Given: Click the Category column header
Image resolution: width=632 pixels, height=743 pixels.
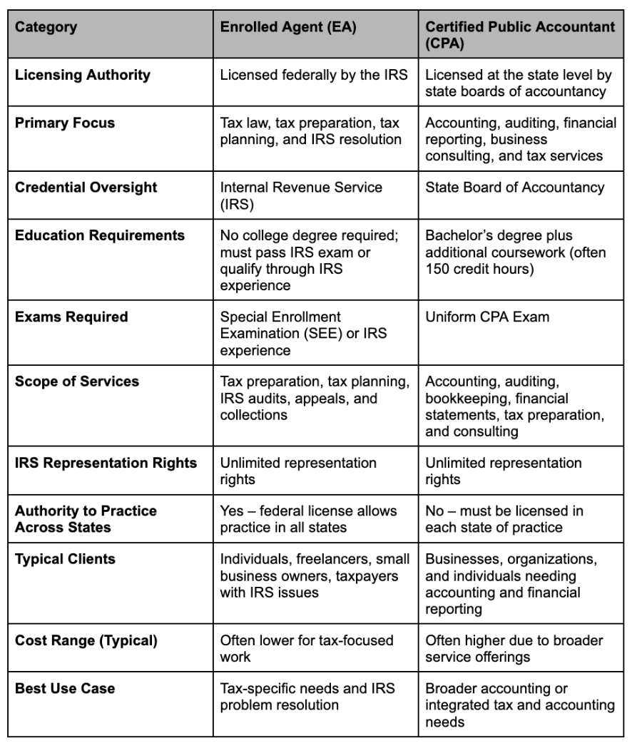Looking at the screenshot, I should click(x=46, y=29).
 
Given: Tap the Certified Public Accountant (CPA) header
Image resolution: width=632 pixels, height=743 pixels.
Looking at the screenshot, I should click(x=520, y=35).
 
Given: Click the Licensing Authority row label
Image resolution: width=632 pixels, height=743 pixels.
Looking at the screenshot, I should click(x=83, y=75).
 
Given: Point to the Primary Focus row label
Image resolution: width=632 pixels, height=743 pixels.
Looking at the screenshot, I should click(x=65, y=123).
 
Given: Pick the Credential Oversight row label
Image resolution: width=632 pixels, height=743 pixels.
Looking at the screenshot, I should click(x=86, y=188).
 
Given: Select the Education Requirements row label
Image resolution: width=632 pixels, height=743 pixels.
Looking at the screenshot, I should click(x=100, y=235).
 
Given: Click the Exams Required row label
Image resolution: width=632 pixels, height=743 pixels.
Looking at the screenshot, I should click(x=71, y=317).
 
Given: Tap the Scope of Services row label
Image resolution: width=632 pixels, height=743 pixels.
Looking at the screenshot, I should click(x=77, y=381).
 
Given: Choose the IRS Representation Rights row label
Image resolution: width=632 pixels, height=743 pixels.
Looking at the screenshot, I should click(x=106, y=463).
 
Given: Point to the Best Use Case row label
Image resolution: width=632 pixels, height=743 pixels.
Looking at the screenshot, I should click(x=65, y=689).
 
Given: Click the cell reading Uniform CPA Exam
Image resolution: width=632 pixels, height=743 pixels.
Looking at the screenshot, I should click(x=487, y=317).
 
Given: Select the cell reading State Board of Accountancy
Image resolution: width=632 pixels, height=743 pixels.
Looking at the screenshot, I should click(x=514, y=188).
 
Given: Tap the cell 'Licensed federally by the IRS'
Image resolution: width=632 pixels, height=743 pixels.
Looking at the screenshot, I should click(x=314, y=75).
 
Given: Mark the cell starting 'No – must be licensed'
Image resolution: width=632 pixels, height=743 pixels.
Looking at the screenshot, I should click(x=504, y=519).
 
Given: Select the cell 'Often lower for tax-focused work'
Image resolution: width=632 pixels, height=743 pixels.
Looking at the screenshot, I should click(x=306, y=648).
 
